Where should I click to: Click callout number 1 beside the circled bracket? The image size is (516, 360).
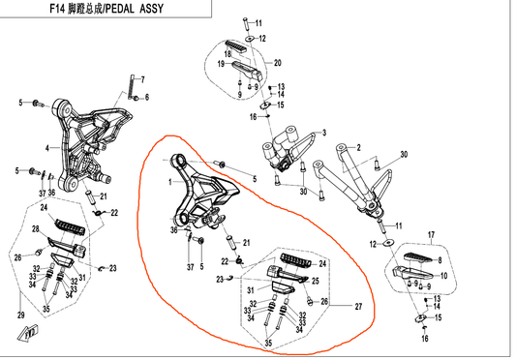[171, 181]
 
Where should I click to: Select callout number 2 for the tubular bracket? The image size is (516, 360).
[357, 147]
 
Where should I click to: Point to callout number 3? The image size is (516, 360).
[325, 133]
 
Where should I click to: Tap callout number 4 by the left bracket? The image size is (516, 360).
[46, 148]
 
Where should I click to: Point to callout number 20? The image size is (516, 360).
[278, 63]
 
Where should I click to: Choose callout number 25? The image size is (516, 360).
[315, 281]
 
